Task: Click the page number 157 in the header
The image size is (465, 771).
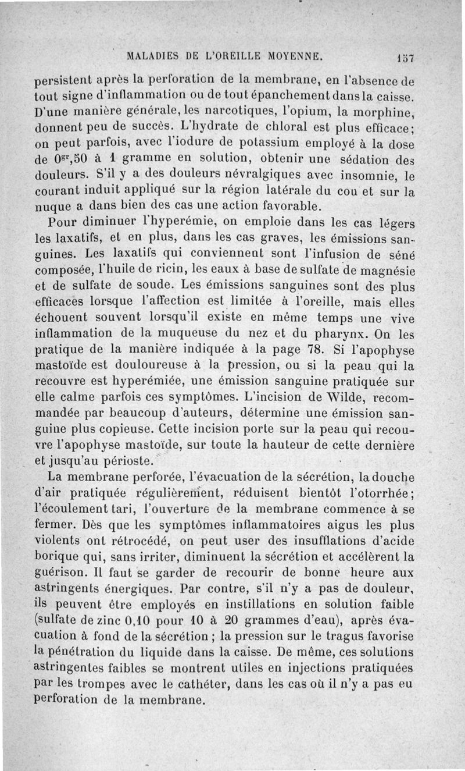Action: (404, 58)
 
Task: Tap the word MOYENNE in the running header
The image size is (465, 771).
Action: (295, 57)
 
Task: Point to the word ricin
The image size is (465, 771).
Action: (179, 270)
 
